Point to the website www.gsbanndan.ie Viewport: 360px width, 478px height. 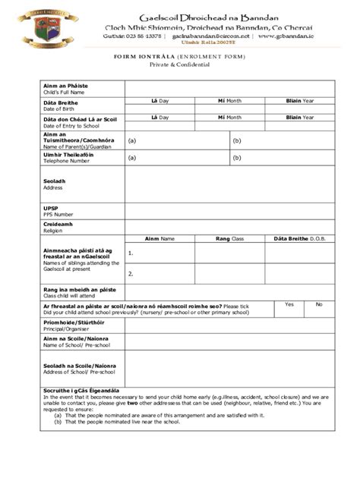(x=289, y=35)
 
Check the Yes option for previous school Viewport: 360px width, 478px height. (x=289, y=303)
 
